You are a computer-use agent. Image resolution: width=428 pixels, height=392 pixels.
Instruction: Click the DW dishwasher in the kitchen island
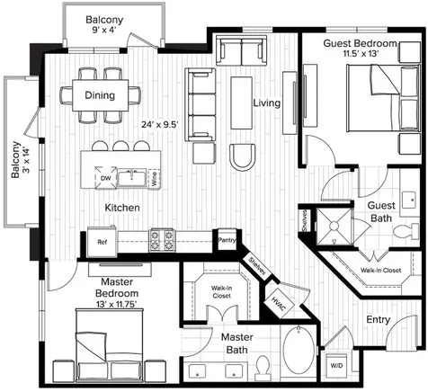(105, 178)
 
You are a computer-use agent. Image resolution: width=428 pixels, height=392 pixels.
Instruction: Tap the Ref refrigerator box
(103, 242)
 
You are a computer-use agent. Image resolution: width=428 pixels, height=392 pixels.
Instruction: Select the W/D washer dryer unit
(336, 366)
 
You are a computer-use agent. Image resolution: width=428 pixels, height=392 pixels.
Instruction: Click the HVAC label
(279, 304)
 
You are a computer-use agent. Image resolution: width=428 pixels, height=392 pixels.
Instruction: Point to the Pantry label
(227, 240)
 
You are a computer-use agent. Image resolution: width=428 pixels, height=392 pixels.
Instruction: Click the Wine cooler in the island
(154, 179)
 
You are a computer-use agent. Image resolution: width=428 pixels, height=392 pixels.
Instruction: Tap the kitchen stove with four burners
(162, 240)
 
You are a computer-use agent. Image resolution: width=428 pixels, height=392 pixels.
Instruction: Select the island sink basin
(131, 178)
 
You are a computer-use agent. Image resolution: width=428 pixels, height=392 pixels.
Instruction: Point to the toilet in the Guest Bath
(406, 231)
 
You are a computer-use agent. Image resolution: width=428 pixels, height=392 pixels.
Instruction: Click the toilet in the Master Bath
(263, 367)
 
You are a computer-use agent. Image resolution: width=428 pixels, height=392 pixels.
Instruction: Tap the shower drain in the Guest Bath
(334, 225)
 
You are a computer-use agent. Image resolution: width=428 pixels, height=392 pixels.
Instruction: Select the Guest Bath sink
(410, 200)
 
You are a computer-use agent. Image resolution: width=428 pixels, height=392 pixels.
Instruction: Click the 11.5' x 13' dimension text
(360, 54)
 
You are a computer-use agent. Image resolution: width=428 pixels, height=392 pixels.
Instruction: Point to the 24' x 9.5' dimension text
(160, 124)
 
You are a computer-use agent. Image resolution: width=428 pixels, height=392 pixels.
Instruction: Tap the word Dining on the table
(100, 95)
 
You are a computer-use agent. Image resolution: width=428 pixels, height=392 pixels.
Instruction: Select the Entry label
(379, 320)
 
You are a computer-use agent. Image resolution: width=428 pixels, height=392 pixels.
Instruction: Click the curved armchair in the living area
(243, 157)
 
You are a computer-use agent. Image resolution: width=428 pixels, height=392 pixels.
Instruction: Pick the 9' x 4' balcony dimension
(104, 30)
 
